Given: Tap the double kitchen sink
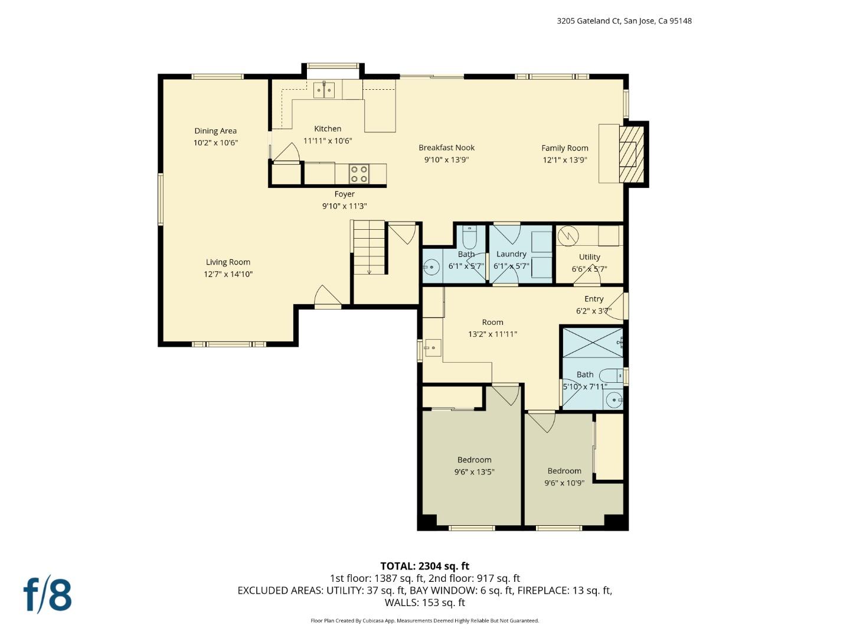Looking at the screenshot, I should point(323,90).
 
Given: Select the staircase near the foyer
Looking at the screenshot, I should point(369,247).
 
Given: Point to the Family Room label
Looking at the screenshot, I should point(565,148).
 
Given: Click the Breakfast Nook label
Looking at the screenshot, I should point(446,148).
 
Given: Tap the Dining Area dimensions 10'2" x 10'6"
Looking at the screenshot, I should point(215,143).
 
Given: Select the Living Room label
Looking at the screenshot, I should point(228,262).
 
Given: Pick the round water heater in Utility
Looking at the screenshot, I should point(568,236).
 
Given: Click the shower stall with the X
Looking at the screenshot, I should point(592,342).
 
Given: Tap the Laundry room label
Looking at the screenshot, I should point(511,254).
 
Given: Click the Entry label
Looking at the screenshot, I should point(594,299).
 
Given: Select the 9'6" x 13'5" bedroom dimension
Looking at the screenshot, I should point(474,472).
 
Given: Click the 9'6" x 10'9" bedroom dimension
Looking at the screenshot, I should point(564,483).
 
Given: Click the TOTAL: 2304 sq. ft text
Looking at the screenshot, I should point(424,566).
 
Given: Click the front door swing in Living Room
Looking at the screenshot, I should point(328,297).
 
